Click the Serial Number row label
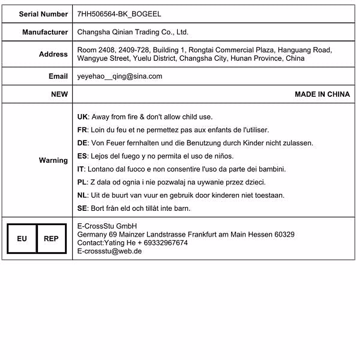click(x=43, y=14)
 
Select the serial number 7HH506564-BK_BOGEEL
click(x=119, y=14)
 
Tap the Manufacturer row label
click(x=45, y=32)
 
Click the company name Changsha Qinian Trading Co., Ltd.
click(x=133, y=32)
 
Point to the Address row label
click(x=53, y=54)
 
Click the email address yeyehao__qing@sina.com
click(x=119, y=76)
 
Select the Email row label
click(x=58, y=76)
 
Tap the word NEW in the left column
click(x=59, y=94)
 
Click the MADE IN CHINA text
click(x=322, y=94)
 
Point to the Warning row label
click(x=53, y=160)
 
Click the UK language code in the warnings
click(x=82, y=117)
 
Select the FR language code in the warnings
click(x=82, y=130)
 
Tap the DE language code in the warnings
click(x=82, y=143)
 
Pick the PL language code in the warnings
click(x=82, y=182)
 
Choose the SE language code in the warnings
click(x=82, y=208)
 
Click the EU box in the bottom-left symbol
click(x=22, y=239)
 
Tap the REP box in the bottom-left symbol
click(x=51, y=239)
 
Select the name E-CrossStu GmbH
click(x=107, y=226)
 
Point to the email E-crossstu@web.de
click(x=109, y=251)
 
